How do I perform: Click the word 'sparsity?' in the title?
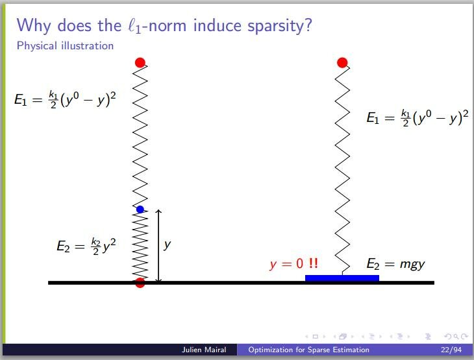click(x=280, y=26)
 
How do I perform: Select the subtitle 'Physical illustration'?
click(x=65, y=45)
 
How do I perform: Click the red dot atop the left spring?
click(x=140, y=62)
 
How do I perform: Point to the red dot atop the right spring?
click(x=342, y=62)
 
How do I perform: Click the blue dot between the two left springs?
click(x=140, y=210)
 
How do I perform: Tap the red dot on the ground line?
click(x=140, y=283)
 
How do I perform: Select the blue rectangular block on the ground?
click(x=342, y=278)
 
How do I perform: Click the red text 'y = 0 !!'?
click(x=293, y=263)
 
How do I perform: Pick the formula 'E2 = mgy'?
click(x=395, y=264)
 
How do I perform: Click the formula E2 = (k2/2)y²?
click(x=86, y=246)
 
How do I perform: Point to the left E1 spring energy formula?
click(x=65, y=99)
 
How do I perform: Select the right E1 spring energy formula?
click(x=418, y=118)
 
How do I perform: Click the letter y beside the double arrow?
click(x=167, y=245)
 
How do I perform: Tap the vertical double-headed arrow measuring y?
click(x=158, y=246)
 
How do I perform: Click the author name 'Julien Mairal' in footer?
click(x=204, y=350)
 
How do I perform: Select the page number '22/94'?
click(x=451, y=350)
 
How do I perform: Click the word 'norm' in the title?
click(x=167, y=27)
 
